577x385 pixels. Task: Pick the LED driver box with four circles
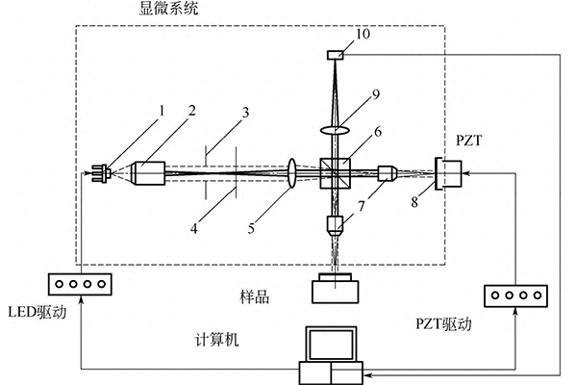(x=80, y=285)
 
